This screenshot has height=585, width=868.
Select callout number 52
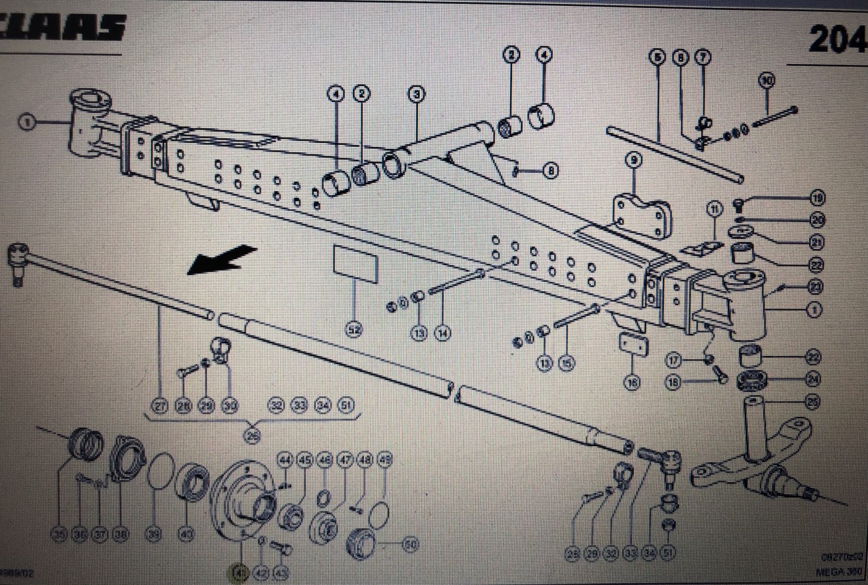353,329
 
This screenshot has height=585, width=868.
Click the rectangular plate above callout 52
355,264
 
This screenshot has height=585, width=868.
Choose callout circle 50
410,546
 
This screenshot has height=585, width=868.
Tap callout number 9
634,160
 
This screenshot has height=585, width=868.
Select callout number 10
767,80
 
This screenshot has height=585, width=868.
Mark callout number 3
417,94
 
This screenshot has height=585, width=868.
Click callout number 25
813,402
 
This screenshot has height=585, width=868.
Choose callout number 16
632,383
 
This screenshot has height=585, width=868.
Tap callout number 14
440,332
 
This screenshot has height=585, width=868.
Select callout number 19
817,198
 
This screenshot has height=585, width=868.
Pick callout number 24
813,379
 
